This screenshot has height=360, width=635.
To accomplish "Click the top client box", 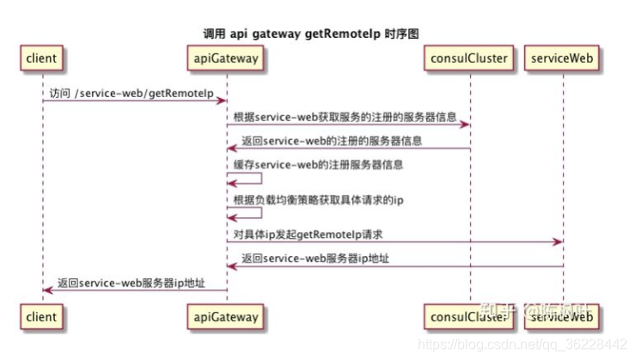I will pos(41,58).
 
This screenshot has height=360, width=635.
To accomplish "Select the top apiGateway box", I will pos(227,58).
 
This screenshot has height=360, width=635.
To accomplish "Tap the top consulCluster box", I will pos(470,58).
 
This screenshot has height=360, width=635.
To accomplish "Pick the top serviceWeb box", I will pos(563,58).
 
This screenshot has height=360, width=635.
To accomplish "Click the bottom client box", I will pos(41,316).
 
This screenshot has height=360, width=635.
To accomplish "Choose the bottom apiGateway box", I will pos(227,316).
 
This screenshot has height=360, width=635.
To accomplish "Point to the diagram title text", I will pos(317,32).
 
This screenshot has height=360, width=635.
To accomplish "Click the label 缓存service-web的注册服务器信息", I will pos(319,163).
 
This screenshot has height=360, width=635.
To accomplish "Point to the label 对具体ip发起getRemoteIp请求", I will pos(308,234).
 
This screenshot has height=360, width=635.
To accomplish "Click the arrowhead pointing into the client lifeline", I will pos(47,290).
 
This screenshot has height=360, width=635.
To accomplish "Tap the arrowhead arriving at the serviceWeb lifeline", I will pos(558,243).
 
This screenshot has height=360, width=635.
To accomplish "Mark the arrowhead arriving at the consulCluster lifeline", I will pos(465,125).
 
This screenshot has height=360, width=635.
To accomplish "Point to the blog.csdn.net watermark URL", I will pos(522,344).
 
